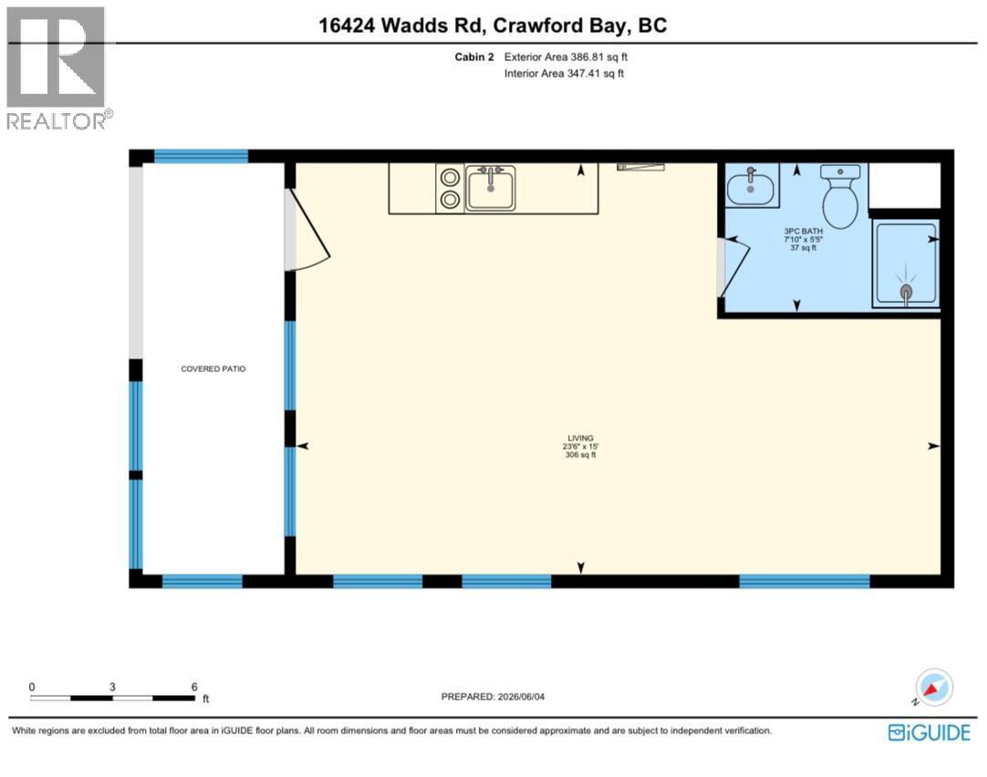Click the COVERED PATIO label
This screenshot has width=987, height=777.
(213, 368)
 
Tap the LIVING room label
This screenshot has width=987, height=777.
(580, 438)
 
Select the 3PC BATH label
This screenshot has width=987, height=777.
(804, 231)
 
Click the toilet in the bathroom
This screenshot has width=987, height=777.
(840, 196)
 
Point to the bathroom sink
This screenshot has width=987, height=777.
(751, 186)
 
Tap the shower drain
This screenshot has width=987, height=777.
(906, 291)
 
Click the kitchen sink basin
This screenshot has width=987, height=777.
(491, 188)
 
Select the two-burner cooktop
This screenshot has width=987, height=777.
(450, 188)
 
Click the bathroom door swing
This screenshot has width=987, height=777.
(734, 267)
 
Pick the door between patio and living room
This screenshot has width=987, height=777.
(307, 230)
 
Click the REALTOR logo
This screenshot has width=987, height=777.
(58, 68)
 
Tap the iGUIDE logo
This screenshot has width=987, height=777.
(930, 732)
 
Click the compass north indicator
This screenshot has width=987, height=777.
(933, 687)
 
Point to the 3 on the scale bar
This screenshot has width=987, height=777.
(112, 687)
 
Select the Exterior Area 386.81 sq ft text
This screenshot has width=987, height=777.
(566, 57)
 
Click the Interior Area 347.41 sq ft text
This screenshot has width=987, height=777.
(564, 74)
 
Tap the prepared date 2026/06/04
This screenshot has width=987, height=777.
(521, 697)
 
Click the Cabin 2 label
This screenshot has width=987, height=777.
(474, 57)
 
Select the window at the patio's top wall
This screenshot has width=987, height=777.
(202, 157)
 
